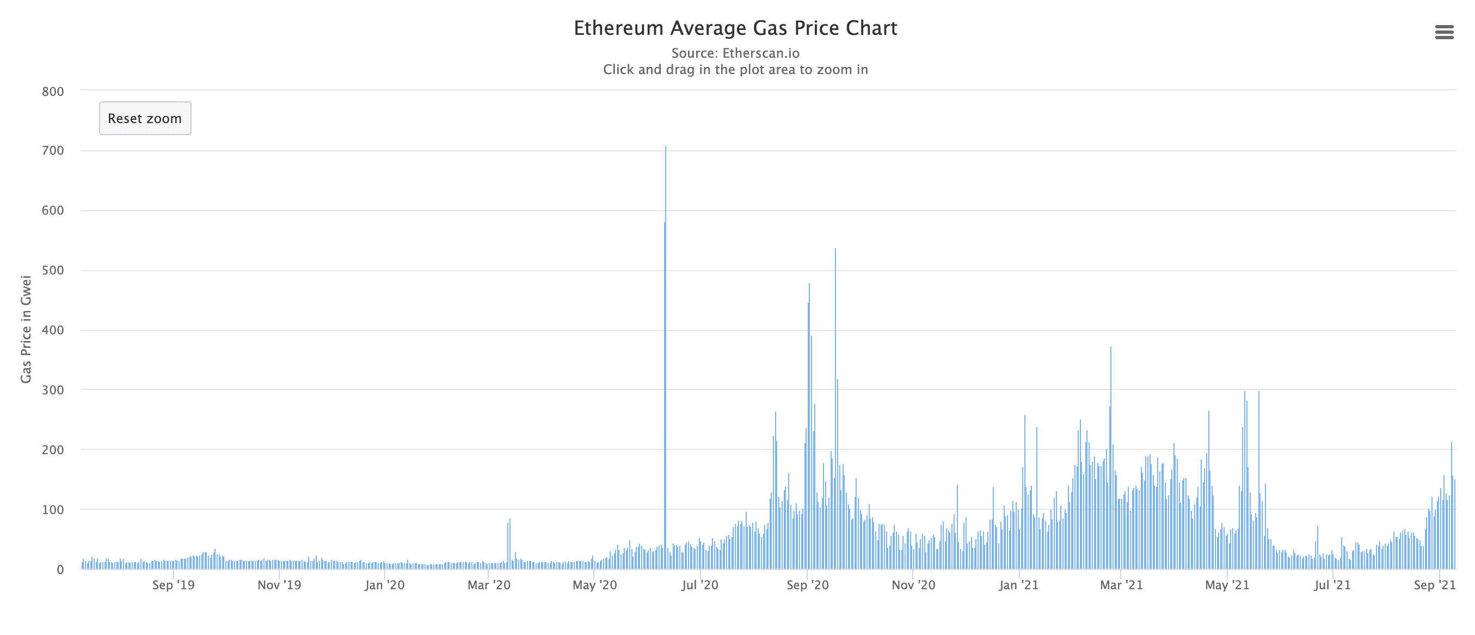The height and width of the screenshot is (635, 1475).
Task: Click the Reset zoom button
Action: pyautogui.click(x=145, y=119)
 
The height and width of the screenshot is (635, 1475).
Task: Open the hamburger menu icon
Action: pyautogui.click(x=1444, y=32)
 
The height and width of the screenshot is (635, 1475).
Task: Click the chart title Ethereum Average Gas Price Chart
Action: pyautogui.click(x=735, y=28)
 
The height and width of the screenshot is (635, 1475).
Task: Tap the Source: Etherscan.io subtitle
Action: pyautogui.click(x=735, y=53)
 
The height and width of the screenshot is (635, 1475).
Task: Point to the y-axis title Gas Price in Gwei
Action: pyautogui.click(x=26, y=329)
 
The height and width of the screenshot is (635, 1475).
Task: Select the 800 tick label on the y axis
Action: pyautogui.click(x=53, y=91)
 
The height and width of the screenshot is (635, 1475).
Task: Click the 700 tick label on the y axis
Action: pyautogui.click(x=53, y=151)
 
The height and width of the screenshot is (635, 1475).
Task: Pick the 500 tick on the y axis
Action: pyautogui.click(x=53, y=271)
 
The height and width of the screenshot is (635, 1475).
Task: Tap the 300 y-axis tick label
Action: pyautogui.click(x=53, y=390)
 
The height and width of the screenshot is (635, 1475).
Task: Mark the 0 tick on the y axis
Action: pyautogui.click(x=59, y=570)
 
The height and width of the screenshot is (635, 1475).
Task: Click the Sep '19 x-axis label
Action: pyautogui.click(x=173, y=585)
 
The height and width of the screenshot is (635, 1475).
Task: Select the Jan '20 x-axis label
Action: pyautogui.click(x=384, y=585)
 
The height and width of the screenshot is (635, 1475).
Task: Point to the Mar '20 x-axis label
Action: pyautogui.click(x=488, y=585)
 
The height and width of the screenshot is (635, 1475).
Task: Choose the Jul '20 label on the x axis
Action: pyautogui.click(x=699, y=585)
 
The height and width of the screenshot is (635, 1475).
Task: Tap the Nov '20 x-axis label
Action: pyautogui.click(x=913, y=585)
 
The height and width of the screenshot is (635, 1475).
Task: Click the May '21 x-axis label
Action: pyautogui.click(x=1227, y=585)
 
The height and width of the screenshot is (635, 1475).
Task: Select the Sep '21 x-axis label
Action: pyautogui.click(x=1434, y=585)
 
